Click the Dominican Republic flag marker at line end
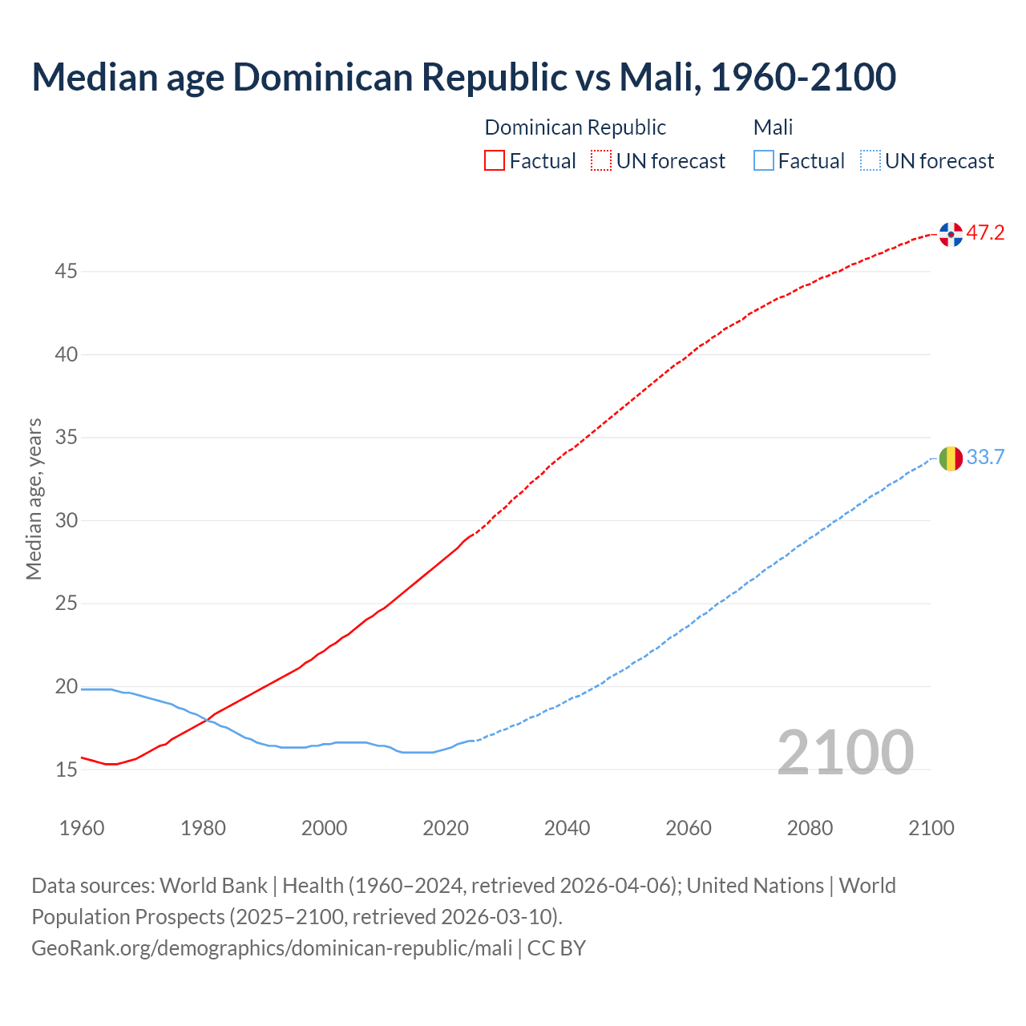coord(951,234)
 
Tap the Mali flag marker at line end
coord(951,458)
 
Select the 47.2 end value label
coord(985,233)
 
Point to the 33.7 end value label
coord(985,458)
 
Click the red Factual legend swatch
coord(495,161)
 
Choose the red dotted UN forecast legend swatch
coord(601,161)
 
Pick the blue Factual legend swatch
coord(764,161)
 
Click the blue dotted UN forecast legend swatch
coord(870,161)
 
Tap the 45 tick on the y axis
coord(66,272)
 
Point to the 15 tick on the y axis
coord(66,770)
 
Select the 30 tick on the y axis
coord(66,521)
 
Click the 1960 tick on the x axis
coord(82,828)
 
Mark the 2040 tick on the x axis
coord(567,828)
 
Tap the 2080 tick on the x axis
coord(810,828)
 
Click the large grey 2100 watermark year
coord(845,753)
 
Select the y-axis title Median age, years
coord(34,499)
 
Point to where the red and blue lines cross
coord(207,719)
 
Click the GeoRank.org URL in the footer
coord(272,948)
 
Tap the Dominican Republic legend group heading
coord(575,127)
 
